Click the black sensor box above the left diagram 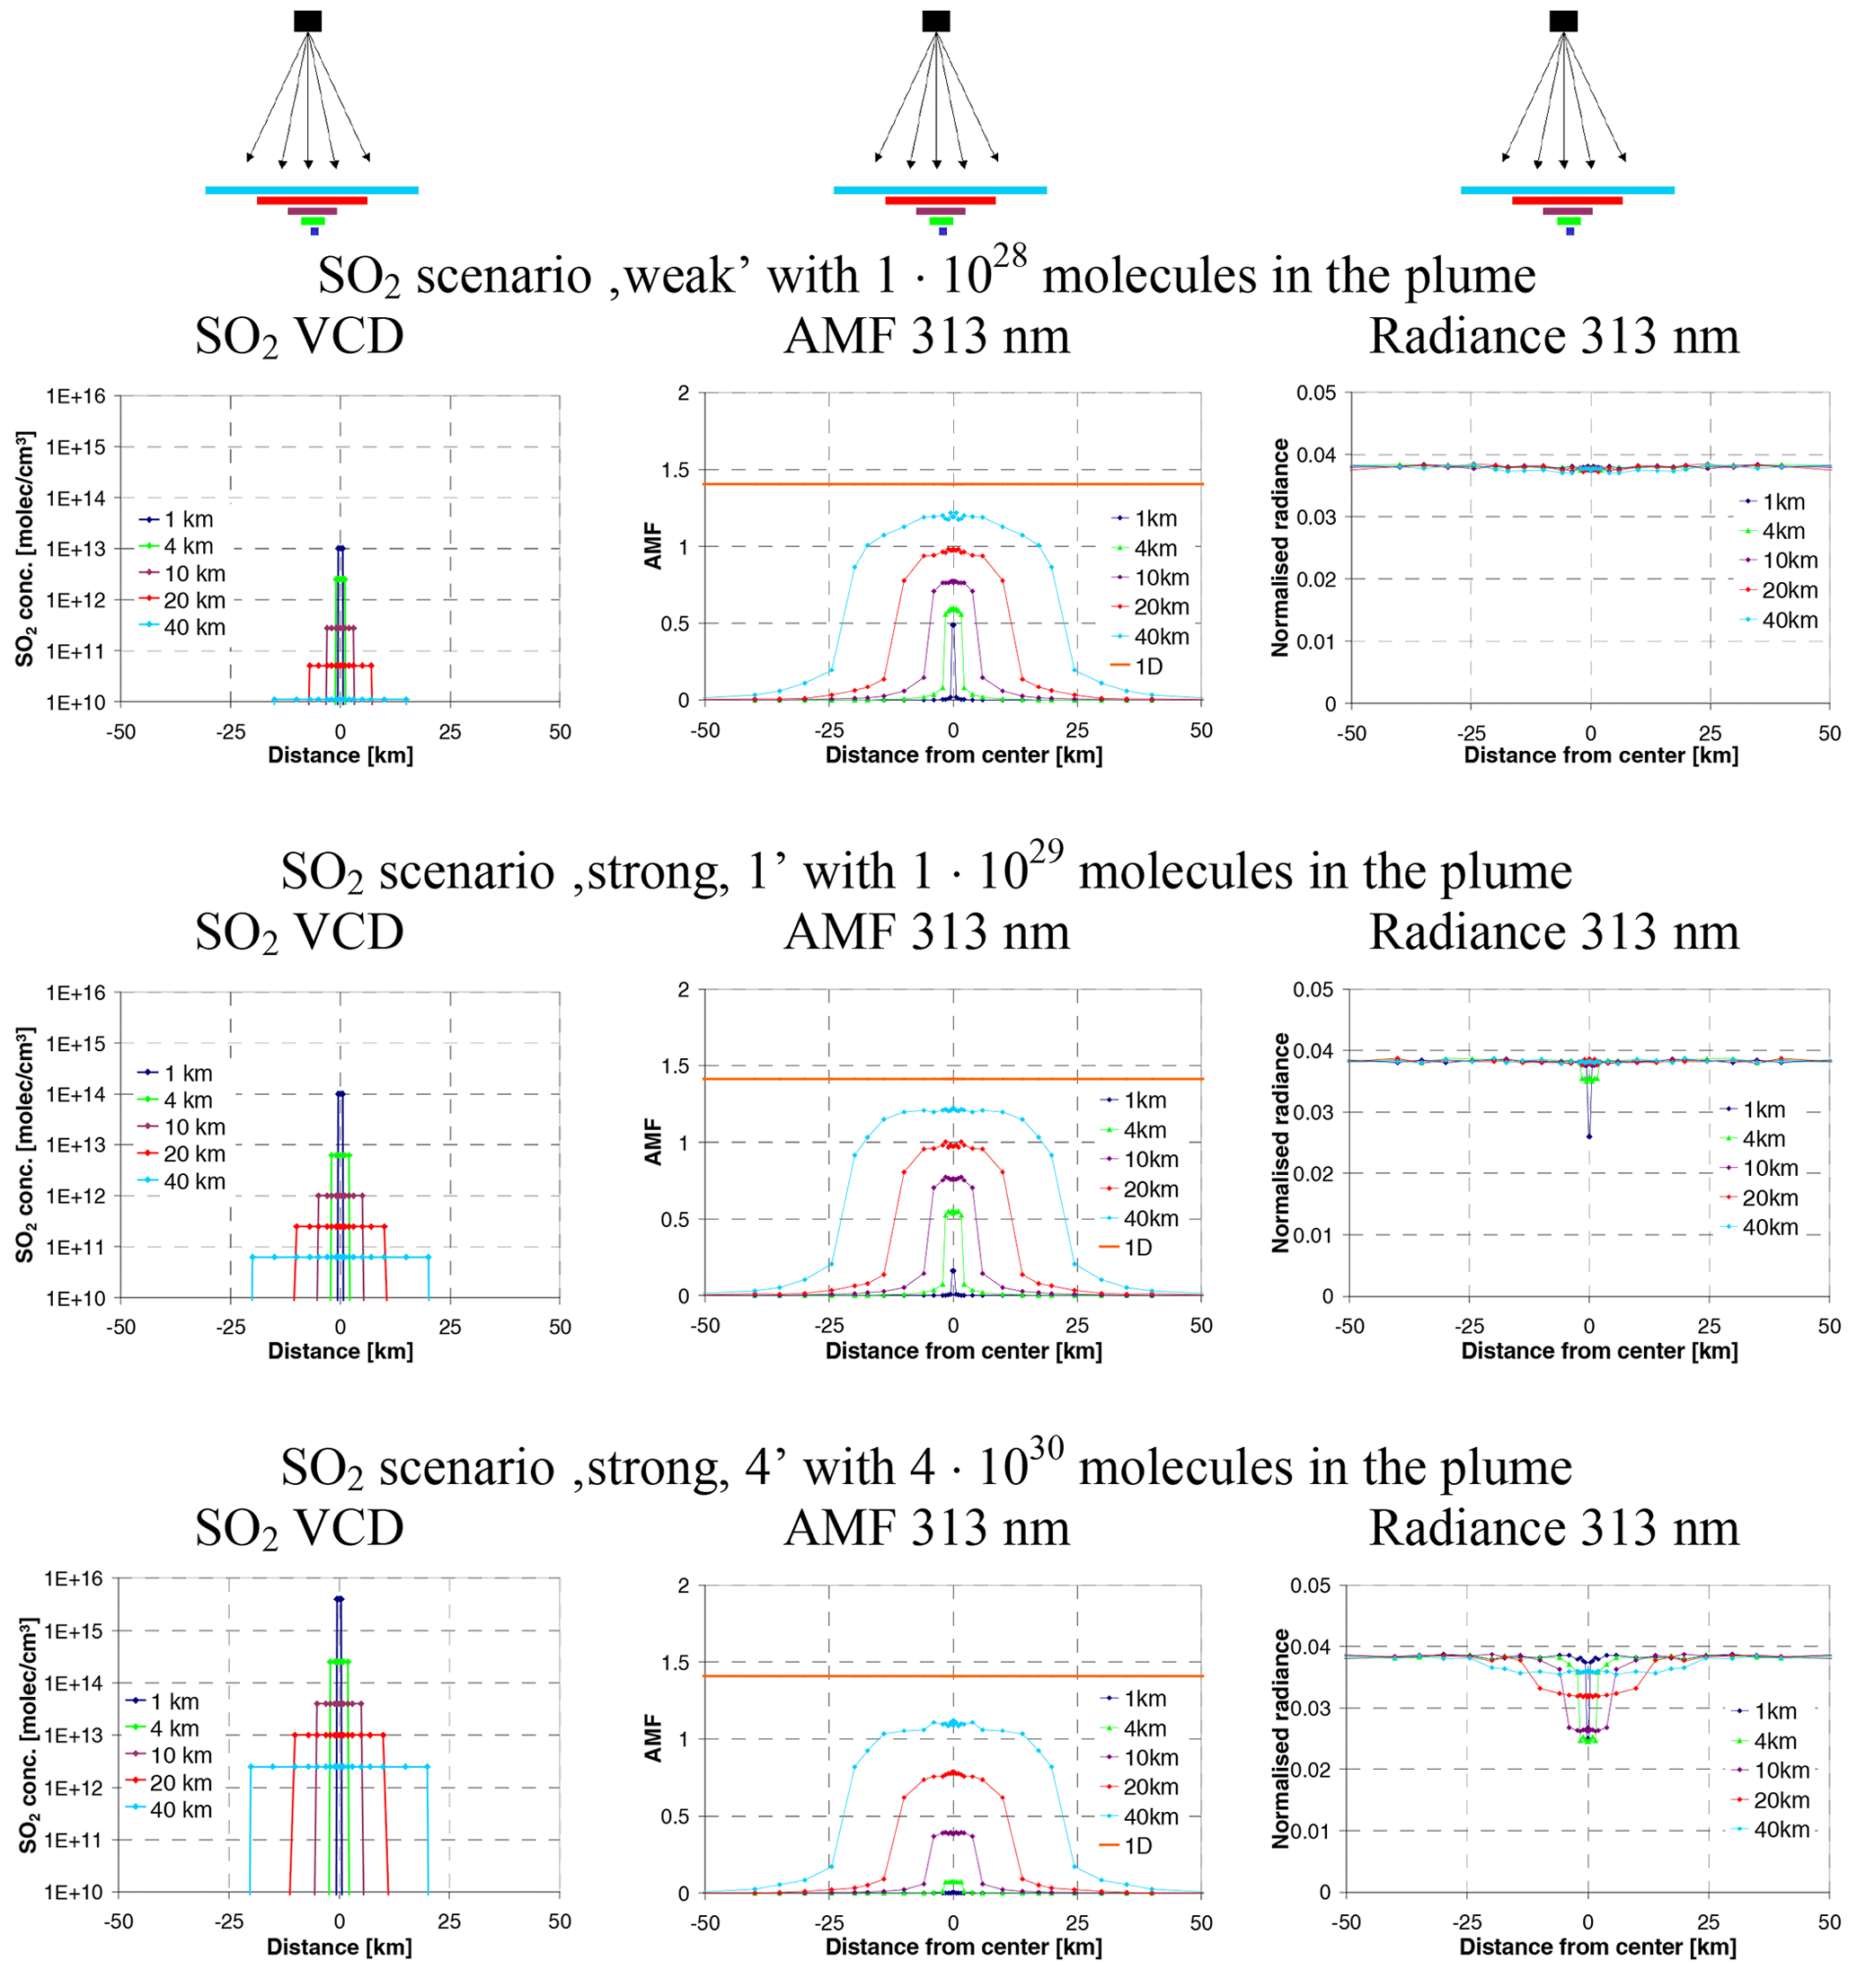pos(307,21)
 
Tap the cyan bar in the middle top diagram pos(940,190)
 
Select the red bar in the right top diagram pos(1567,201)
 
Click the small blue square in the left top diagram pos(314,232)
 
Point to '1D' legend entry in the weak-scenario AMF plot pos(1147,667)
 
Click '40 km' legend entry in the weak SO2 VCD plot pos(194,627)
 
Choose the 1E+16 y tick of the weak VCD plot pos(75,396)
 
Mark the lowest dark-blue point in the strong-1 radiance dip pos(1589,1136)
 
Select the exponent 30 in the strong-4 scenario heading pos(1046,1450)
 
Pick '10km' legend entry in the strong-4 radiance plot pos(1781,1771)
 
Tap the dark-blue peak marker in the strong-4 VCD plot pos(339,1599)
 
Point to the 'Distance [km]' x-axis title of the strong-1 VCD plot pos(340,1351)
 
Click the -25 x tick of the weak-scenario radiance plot pos(1471,734)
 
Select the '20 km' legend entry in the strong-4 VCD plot pos(181,1783)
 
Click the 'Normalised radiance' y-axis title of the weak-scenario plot pos(1280,547)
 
